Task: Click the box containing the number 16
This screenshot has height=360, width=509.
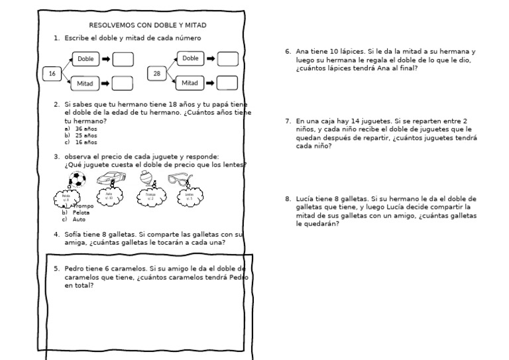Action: pos(52,74)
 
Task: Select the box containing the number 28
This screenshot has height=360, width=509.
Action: pos(157,73)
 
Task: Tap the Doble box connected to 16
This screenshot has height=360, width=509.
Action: pos(85,59)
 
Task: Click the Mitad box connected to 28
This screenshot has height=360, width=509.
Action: pos(190,83)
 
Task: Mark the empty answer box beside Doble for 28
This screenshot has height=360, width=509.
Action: pos(227,59)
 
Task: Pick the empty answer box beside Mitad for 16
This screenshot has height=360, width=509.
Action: pos(122,84)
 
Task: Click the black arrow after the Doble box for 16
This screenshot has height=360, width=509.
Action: pos(105,60)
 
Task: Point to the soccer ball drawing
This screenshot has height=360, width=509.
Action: pos(78,179)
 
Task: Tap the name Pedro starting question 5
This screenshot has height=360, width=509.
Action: pos(74,269)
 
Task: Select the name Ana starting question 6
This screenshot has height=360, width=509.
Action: pos(302,51)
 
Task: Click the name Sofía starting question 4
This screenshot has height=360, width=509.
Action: pos(74,234)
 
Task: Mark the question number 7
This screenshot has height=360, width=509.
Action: pos(288,121)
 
